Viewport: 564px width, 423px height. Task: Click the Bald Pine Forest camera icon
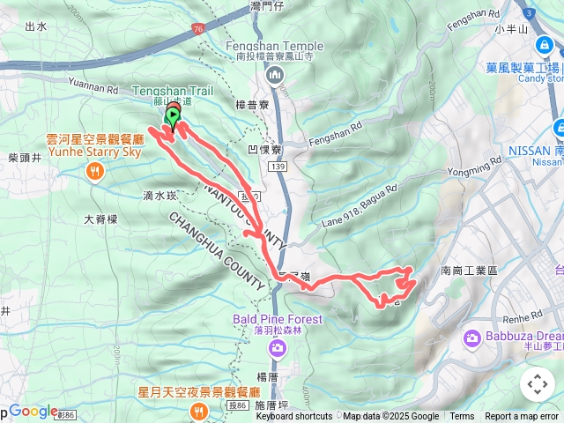(278, 348)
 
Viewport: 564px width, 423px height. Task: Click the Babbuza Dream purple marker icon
(471, 337)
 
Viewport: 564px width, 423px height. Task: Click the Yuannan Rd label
(92, 88)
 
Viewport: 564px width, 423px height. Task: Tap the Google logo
(33, 411)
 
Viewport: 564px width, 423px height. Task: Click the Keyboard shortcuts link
(294, 417)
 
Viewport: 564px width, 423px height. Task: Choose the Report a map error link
(522, 417)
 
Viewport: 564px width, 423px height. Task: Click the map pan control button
(537, 384)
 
